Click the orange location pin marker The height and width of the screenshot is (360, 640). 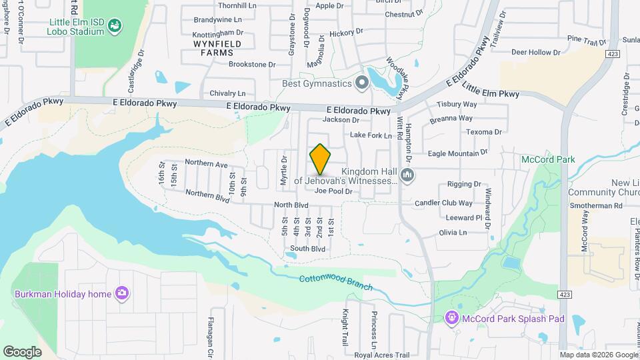(321, 159)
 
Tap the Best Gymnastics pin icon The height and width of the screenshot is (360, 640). (362, 83)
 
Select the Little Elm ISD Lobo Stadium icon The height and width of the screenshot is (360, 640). (115, 26)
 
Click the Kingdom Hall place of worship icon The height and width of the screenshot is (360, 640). (407, 176)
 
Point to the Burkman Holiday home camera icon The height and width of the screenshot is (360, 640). (121, 293)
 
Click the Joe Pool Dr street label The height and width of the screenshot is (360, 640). (333, 191)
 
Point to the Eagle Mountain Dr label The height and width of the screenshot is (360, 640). (457, 153)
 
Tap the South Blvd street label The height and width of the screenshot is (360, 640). (307, 249)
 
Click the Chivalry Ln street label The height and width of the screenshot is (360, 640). (227, 93)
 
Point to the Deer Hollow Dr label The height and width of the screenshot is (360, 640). (535, 52)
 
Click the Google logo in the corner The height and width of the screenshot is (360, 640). (22, 351)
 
